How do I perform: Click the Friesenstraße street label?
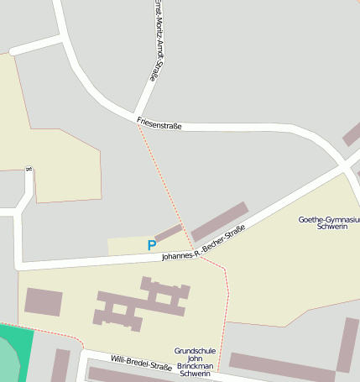(x=159, y=124)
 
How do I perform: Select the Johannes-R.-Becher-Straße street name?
(x=203, y=244)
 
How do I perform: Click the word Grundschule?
(x=195, y=350)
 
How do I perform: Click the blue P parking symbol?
(x=151, y=245)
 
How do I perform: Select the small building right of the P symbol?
(x=169, y=233)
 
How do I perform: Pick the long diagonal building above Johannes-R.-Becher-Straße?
(x=220, y=221)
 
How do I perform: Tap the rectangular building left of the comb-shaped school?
(x=44, y=301)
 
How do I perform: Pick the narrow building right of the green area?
(x=60, y=365)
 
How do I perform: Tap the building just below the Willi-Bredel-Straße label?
(x=126, y=375)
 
